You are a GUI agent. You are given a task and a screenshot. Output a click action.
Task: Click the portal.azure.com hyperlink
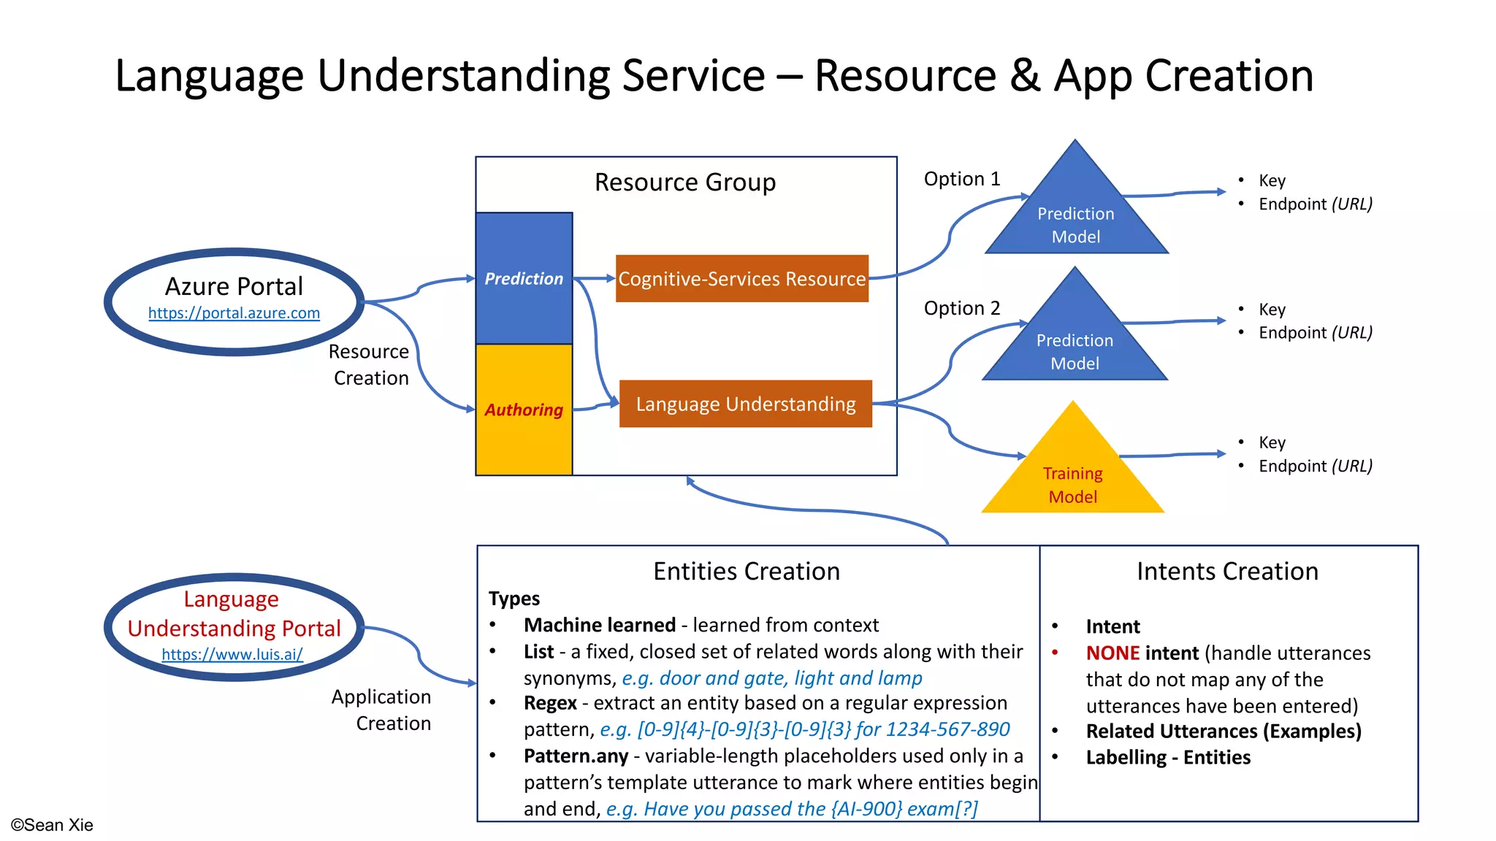coord(234,313)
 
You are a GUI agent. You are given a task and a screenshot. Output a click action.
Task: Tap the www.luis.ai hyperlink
coord(232,654)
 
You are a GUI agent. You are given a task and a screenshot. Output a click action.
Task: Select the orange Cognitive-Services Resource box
coord(742,279)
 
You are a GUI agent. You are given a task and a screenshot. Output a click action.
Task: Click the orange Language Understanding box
coord(745,404)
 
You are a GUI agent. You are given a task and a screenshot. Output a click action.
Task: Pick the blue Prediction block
coord(524,278)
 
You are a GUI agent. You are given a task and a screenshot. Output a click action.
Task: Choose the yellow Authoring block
coord(524,410)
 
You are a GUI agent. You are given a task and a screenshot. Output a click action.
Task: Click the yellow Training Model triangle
coord(1072,478)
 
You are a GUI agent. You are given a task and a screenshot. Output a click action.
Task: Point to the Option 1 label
coord(961,179)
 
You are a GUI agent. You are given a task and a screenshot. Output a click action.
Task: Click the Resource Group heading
coord(685,182)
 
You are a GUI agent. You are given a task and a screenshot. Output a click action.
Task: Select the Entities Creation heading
coord(747,571)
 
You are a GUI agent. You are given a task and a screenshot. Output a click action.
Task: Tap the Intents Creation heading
coord(1227,571)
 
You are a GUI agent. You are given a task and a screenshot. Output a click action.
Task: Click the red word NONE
coord(1113,653)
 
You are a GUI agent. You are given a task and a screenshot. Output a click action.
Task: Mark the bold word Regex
coord(550,703)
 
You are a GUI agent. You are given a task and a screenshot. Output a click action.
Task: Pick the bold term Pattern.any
coord(576,756)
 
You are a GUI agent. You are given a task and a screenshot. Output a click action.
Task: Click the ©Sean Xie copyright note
coord(52,825)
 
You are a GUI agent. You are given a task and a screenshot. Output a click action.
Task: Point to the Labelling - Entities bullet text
coord(1168,758)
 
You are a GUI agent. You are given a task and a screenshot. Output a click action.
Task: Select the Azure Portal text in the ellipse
coord(234,286)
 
